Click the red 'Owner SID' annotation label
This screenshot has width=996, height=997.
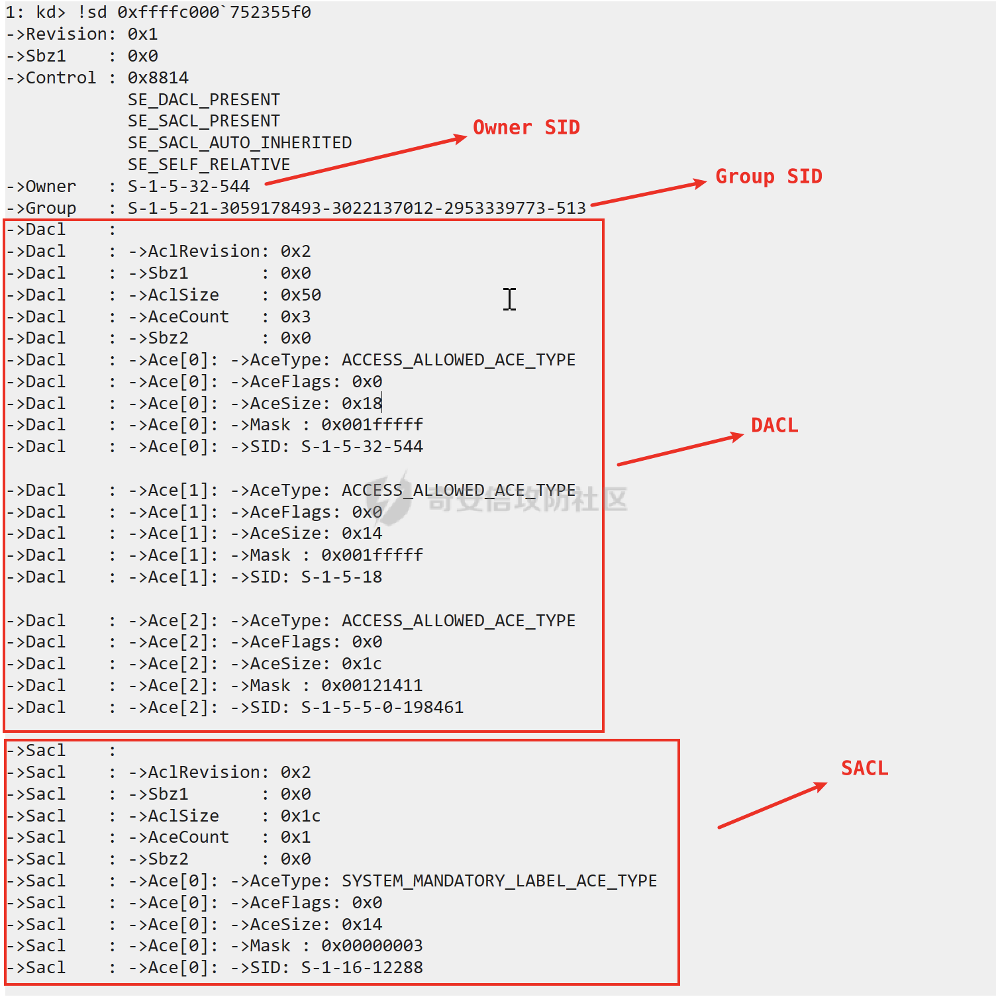[x=526, y=127]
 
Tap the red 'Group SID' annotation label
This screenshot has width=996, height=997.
[x=769, y=176]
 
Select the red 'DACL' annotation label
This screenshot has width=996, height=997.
[x=775, y=425]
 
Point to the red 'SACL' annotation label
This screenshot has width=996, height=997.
[x=865, y=768]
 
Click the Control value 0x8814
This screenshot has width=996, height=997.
[x=158, y=78]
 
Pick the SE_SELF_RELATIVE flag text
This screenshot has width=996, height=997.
[x=209, y=165]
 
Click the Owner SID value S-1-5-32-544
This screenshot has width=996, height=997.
[x=189, y=187]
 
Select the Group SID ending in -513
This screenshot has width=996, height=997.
[x=357, y=209]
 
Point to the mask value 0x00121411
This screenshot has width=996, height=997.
[x=372, y=686]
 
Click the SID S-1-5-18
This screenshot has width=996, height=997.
[x=342, y=577]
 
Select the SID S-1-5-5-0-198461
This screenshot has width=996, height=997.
[x=383, y=708]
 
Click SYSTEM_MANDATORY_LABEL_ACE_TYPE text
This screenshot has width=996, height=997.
[x=500, y=881]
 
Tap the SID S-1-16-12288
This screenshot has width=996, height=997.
[x=362, y=968]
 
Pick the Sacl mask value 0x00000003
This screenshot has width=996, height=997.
[x=372, y=946]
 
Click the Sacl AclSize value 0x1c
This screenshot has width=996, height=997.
[x=301, y=816]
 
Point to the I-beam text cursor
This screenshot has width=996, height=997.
[x=509, y=299]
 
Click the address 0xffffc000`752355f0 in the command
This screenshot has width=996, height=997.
[x=215, y=13]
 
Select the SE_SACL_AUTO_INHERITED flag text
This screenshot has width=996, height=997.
[x=240, y=143]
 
